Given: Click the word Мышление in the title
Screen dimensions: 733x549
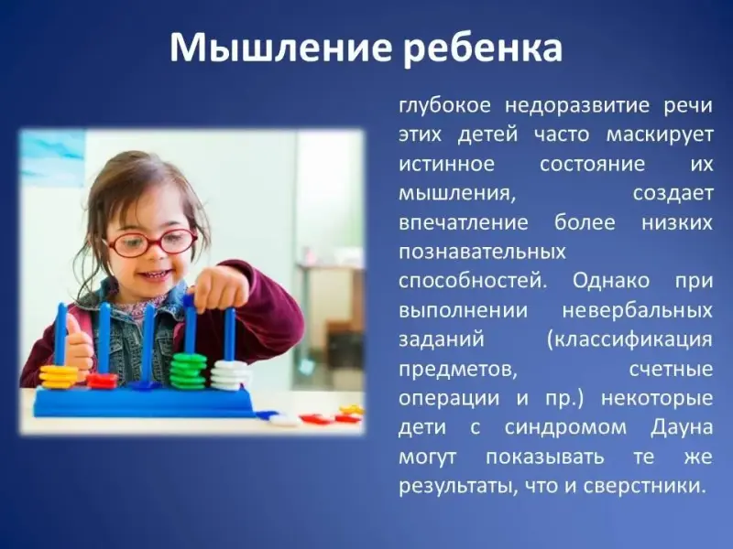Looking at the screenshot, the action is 279,48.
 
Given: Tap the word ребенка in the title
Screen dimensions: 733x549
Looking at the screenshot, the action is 483,48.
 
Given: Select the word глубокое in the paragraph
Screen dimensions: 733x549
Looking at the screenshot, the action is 444,106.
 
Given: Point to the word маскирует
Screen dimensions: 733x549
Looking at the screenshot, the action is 660,135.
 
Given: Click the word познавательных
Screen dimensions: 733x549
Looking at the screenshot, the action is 483,253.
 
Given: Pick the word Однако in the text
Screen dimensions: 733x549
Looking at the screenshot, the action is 611,282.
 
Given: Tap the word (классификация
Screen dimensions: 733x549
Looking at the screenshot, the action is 630,340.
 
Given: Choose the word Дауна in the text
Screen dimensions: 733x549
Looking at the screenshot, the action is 682,428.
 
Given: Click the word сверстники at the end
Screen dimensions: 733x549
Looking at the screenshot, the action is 644,487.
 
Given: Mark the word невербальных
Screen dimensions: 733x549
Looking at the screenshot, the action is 638,311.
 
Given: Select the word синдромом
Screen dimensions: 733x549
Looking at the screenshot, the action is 565,428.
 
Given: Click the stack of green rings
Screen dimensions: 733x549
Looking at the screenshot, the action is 188,371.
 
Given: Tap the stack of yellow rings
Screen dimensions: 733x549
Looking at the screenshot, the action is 59,377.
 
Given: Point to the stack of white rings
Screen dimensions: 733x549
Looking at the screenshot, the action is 229,375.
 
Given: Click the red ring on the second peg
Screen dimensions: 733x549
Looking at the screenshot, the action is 102,381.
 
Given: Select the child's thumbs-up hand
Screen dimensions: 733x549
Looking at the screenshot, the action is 78,343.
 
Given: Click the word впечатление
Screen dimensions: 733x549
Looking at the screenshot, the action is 464,223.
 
